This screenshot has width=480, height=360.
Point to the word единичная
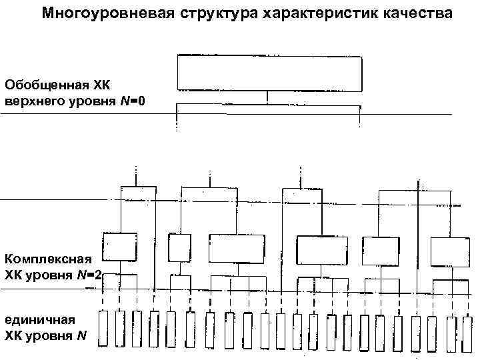pos(37,318)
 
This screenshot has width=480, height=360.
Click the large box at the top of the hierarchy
pos(269,73)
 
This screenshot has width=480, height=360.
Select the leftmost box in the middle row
pos(120,247)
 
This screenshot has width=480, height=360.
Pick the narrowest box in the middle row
pos(179,247)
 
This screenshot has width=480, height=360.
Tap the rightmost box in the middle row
pos(450,251)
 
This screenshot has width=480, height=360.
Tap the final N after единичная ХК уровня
pos(81,335)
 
